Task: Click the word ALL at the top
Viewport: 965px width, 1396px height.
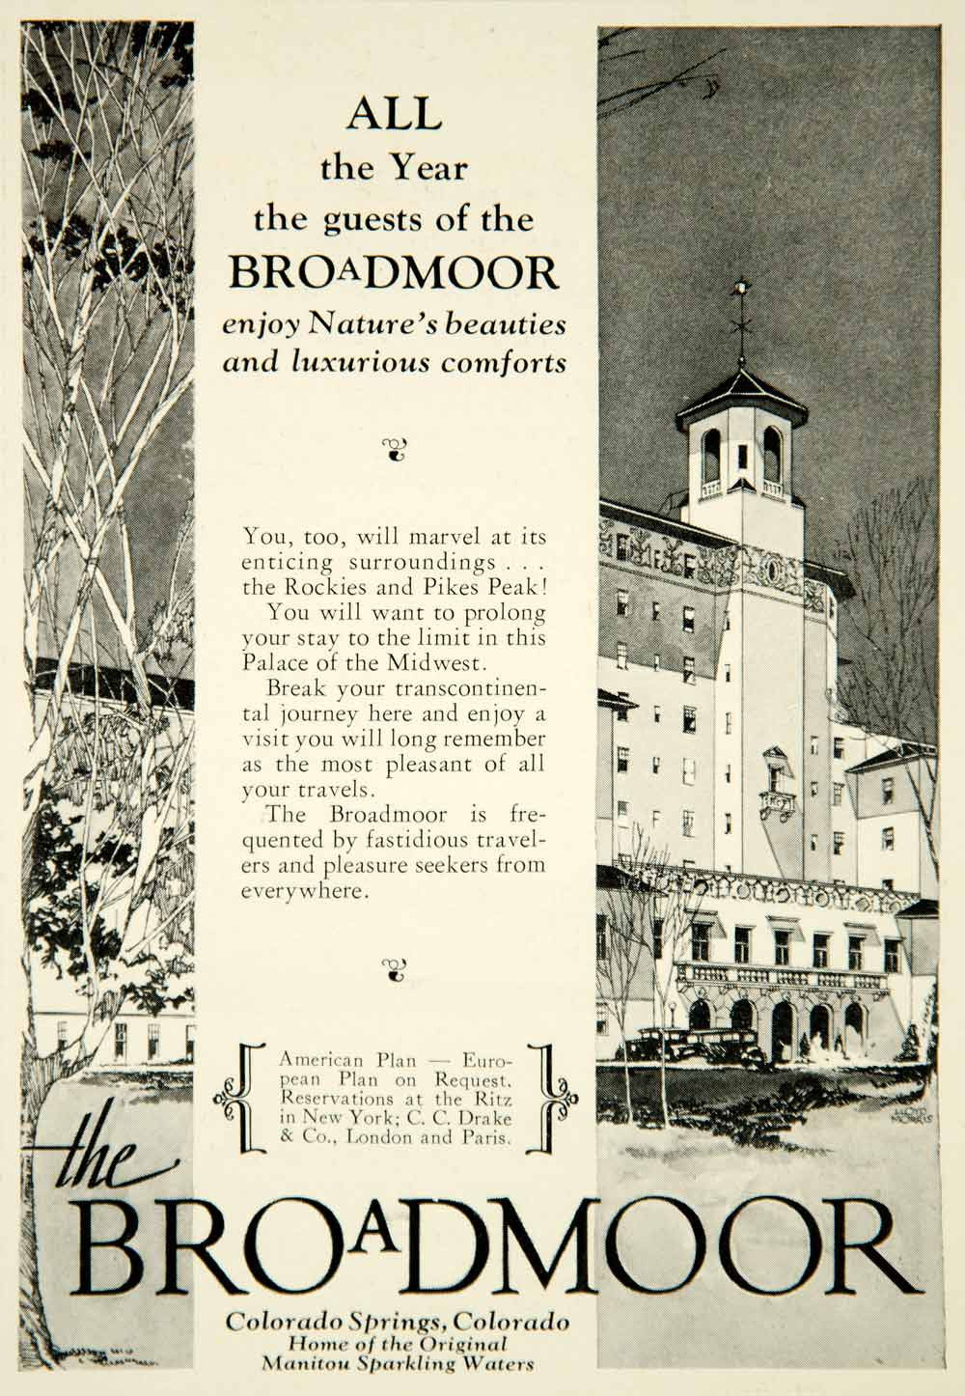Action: point(394,116)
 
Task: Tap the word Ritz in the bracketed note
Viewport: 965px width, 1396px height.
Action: point(490,1099)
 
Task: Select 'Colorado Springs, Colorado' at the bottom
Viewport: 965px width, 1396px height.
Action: point(397,1322)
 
